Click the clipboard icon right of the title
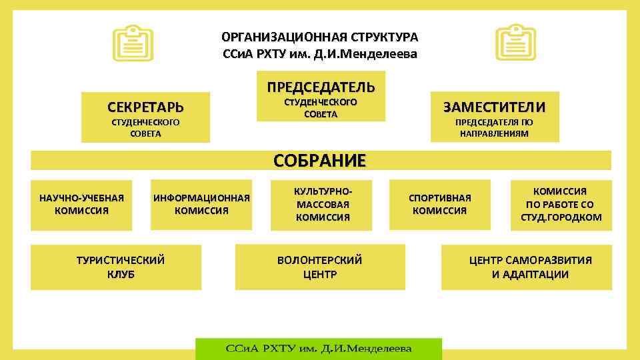(x=515, y=42)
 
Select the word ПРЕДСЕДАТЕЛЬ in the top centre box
(x=321, y=87)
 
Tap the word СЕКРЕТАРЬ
(x=145, y=107)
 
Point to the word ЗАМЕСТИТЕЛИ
(x=494, y=107)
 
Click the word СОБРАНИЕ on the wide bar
(x=320, y=161)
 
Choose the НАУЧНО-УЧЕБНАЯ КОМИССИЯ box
(x=82, y=204)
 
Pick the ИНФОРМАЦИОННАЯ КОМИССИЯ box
(x=201, y=204)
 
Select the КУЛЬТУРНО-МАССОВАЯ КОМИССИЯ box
(x=323, y=204)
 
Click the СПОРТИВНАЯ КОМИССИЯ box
(x=439, y=204)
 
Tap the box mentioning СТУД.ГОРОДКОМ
(x=560, y=204)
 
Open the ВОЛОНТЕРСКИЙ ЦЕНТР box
(x=320, y=267)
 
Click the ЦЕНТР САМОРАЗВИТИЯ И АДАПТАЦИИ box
(x=530, y=267)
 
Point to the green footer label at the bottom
(x=319, y=349)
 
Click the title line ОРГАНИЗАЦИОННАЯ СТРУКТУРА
(x=320, y=37)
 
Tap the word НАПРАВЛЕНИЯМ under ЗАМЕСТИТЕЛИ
(x=494, y=133)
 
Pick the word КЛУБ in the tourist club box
(x=121, y=274)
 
